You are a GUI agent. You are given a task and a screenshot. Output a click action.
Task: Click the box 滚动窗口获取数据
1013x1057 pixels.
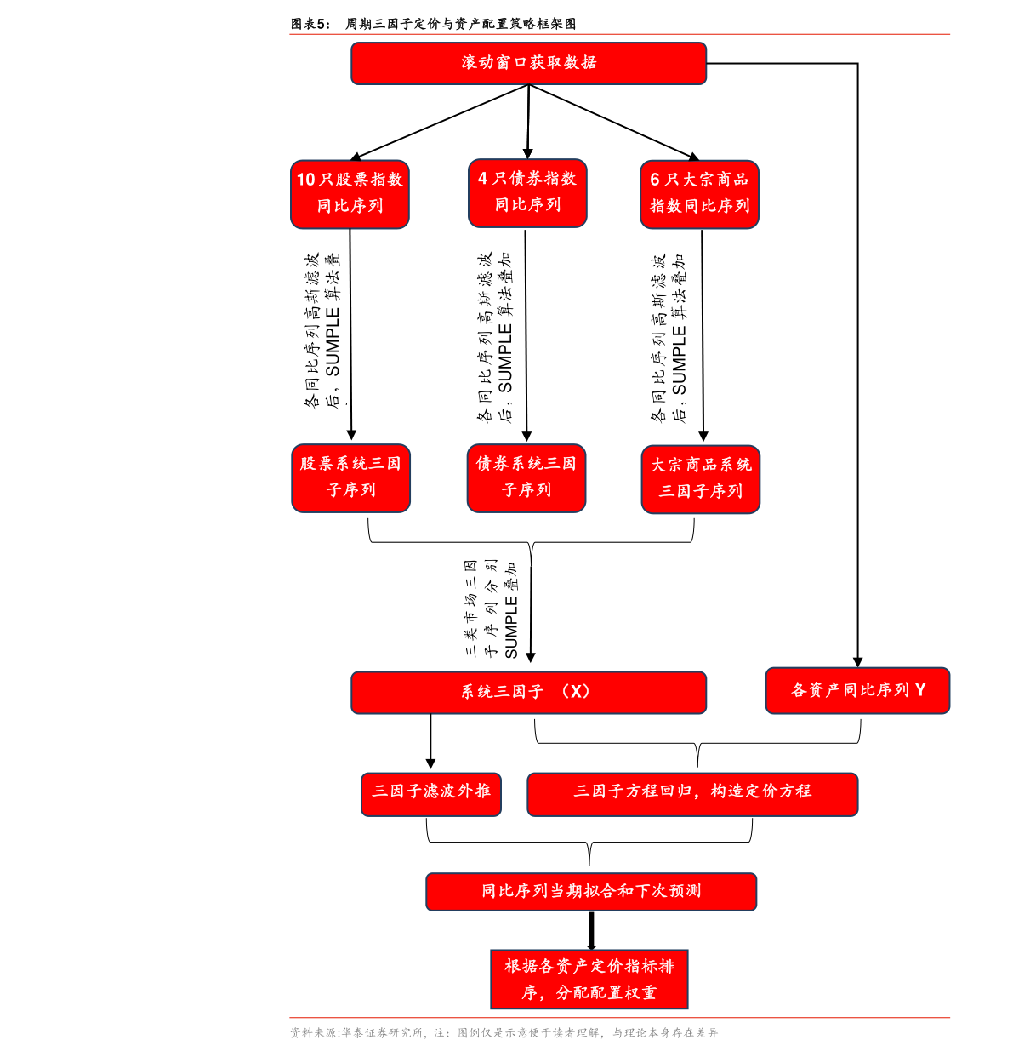coord(528,63)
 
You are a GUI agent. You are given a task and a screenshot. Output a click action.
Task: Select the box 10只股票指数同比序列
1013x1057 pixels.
coord(350,194)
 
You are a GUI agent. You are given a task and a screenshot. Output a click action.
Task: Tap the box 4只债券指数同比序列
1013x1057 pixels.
coord(527,193)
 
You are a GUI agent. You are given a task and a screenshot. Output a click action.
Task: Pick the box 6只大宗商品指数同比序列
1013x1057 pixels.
coord(699,194)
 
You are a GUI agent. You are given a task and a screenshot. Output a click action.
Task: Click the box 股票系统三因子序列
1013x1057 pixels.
coord(350,478)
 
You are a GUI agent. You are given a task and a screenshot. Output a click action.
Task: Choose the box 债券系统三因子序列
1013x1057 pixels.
coord(526,478)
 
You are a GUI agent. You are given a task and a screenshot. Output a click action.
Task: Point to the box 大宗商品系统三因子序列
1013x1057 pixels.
coord(701,479)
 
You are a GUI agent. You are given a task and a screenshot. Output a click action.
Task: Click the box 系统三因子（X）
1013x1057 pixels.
coord(528,693)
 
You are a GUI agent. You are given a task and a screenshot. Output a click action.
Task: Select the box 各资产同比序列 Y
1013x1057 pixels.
coord(857,690)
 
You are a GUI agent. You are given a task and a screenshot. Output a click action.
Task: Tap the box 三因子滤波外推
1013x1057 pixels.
coord(430,794)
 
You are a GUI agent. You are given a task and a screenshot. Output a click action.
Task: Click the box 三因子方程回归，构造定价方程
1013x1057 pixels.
coord(692,794)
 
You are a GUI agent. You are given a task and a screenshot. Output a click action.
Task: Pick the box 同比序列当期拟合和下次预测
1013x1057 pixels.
coord(591,892)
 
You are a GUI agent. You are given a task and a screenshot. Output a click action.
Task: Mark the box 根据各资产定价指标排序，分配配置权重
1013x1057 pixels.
coord(589,980)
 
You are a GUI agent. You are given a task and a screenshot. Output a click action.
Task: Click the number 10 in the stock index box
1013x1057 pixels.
coord(305,180)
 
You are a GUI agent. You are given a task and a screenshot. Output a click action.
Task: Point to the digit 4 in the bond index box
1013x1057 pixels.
coord(482,179)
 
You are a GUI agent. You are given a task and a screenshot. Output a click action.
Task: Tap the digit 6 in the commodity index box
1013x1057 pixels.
coord(655,180)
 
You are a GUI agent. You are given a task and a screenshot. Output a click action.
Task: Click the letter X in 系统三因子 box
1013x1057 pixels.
coord(576,692)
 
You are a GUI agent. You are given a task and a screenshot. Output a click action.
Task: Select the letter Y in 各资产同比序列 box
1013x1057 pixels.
coord(919,690)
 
